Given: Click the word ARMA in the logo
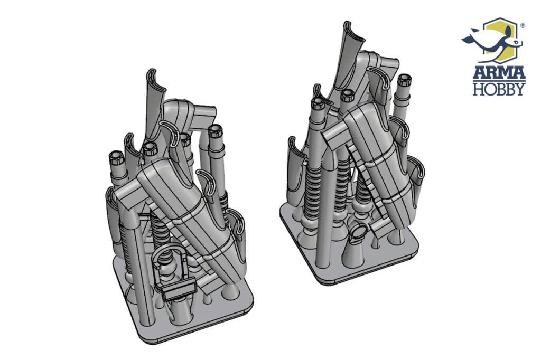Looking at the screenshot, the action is [x=499, y=72].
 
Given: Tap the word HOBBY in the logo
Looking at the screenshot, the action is [x=499, y=89].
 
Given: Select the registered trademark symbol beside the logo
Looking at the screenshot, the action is [x=523, y=25].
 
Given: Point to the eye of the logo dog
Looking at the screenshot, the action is [x=516, y=42].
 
